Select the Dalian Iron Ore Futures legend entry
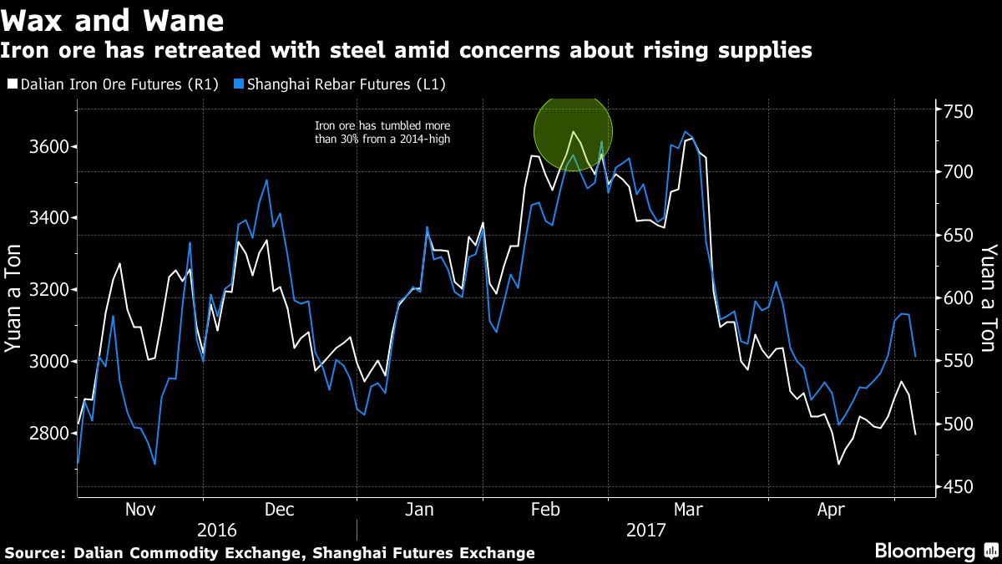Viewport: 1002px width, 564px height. pyautogui.click(x=112, y=85)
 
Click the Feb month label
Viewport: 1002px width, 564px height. pyautogui.click(x=545, y=510)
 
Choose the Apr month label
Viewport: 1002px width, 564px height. pyautogui.click(x=832, y=510)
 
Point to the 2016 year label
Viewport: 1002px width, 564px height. pyautogui.click(x=216, y=531)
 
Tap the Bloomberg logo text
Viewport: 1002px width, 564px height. pyautogui.click(x=924, y=551)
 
